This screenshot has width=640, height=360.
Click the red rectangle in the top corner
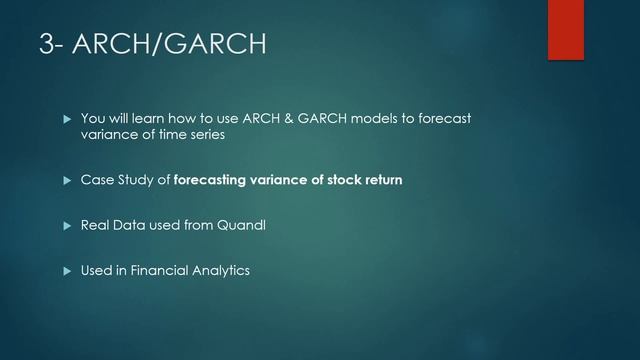click(565, 29)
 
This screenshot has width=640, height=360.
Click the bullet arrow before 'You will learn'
click(68, 120)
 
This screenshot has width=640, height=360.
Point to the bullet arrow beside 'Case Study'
click(68, 181)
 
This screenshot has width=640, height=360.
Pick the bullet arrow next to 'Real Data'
click(68, 226)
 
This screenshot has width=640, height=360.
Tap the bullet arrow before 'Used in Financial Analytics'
click(68, 271)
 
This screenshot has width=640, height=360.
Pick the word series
click(206, 136)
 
